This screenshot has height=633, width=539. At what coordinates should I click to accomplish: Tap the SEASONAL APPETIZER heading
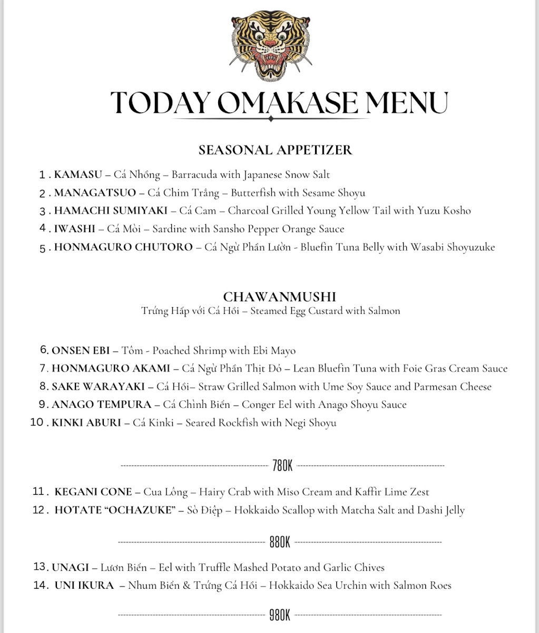[275, 150]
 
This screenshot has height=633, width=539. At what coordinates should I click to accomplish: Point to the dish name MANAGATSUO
[95, 193]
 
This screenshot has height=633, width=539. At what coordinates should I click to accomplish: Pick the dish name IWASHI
[75, 229]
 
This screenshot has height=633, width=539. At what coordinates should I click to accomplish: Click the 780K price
[282, 466]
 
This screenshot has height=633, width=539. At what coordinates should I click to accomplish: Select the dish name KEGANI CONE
[93, 492]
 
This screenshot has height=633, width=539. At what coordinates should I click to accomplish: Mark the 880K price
[280, 542]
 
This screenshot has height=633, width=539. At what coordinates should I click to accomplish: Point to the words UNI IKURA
[84, 586]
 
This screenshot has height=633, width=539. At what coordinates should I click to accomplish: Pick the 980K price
[280, 615]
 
